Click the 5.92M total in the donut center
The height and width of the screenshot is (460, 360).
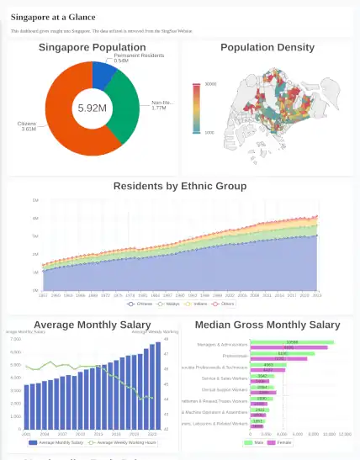92,108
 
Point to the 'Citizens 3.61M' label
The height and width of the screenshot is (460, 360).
26,127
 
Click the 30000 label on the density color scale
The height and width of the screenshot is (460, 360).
210,84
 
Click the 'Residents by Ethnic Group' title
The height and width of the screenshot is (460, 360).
180,186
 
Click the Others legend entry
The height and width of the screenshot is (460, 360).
224,304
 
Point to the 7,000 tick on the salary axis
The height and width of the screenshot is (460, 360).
16,339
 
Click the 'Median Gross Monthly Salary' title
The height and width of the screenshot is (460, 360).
267,325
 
